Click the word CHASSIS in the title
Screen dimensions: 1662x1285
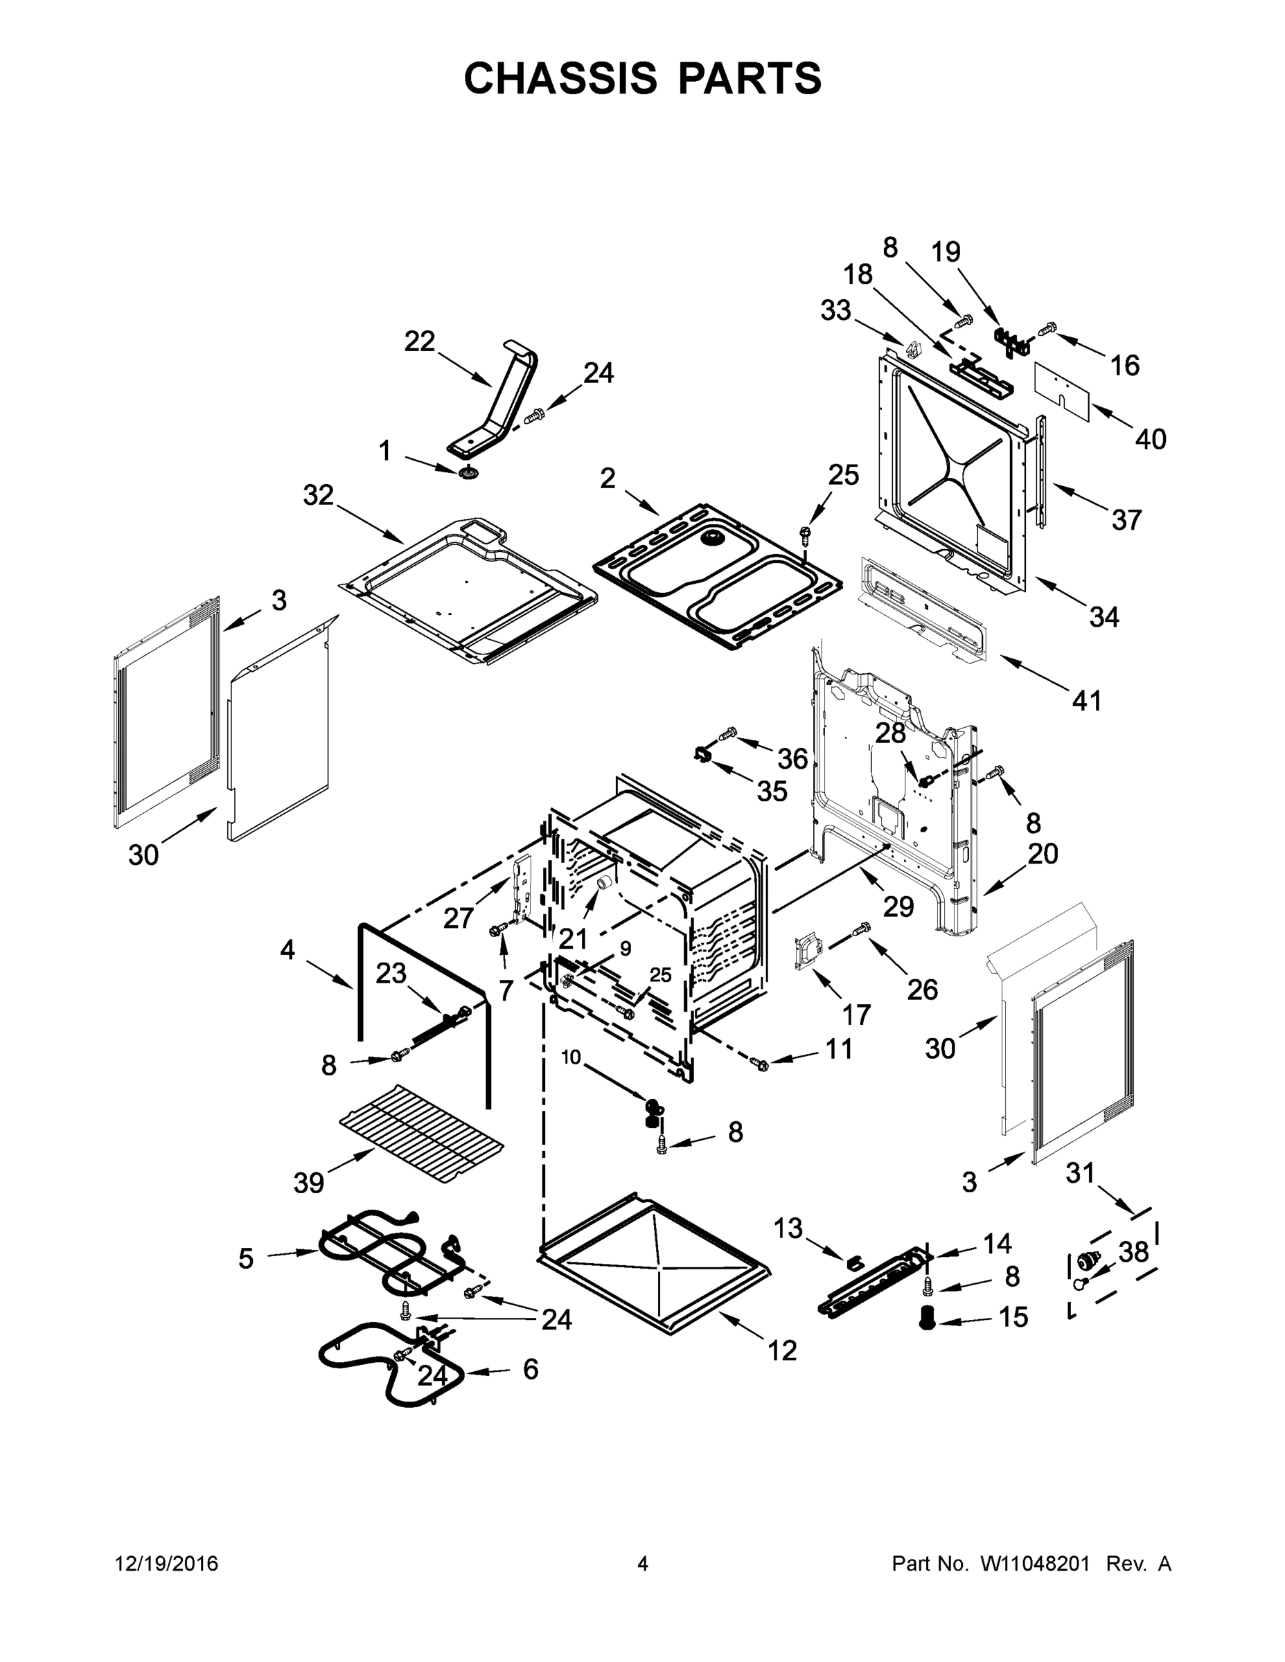click(x=560, y=78)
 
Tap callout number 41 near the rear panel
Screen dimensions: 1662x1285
click(x=1086, y=700)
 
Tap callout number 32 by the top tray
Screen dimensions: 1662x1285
click(x=318, y=495)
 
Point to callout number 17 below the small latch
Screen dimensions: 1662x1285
click(x=856, y=1014)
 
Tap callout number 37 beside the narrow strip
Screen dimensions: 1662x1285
click(x=1126, y=520)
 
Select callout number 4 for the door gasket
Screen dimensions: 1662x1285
click(x=287, y=949)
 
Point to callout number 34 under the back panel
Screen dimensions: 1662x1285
click(x=1103, y=616)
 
